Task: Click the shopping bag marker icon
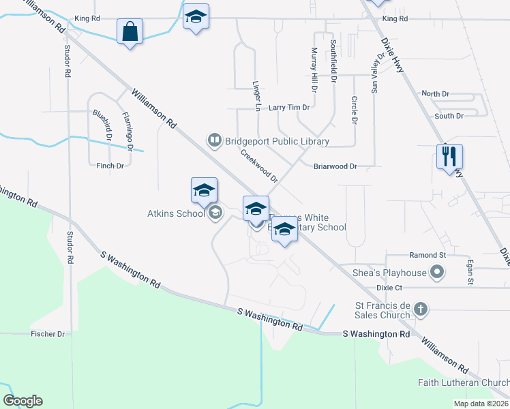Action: point(129,32)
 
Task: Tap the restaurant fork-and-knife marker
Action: point(450,157)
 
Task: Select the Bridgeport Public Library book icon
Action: point(214,141)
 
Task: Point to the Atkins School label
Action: point(176,213)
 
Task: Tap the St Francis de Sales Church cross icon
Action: point(421,309)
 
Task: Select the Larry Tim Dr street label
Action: point(289,108)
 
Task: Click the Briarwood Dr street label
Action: point(335,166)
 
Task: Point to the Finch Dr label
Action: point(110,166)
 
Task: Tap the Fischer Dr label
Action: point(47,335)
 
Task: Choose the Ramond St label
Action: point(427,255)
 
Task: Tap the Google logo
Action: point(22,401)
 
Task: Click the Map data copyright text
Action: point(480,404)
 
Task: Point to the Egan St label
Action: point(470,271)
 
